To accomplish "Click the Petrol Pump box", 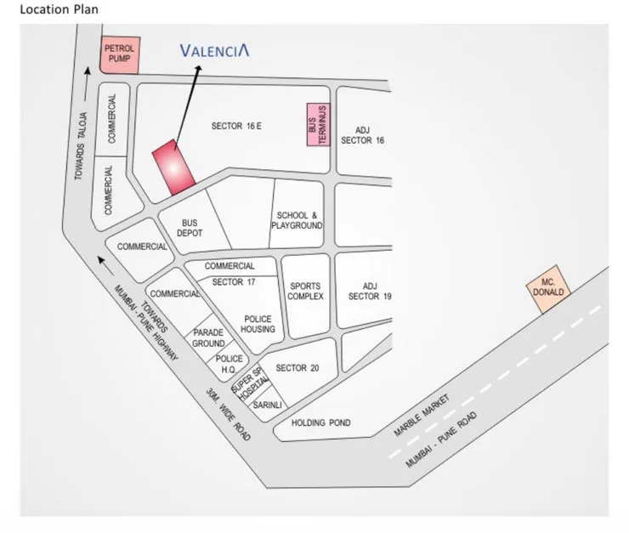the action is pyautogui.click(x=119, y=55).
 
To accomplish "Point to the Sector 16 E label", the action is pyautogui.click(x=236, y=126).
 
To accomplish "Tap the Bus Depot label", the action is pyautogui.click(x=190, y=228).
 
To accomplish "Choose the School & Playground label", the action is pyautogui.click(x=297, y=221).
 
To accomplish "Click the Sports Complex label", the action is pyautogui.click(x=305, y=292).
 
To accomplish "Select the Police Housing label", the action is pyautogui.click(x=258, y=323).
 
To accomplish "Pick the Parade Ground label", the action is pyautogui.click(x=208, y=337).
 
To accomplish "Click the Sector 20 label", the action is pyautogui.click(x=297, y=368).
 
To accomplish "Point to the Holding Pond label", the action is pyautogui.click(x=320, y=422).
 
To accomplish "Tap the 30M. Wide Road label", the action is pyautogui.click(x=229, y=416).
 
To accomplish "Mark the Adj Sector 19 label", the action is pyautogui.click(x=370, y=291).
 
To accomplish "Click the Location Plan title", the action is pyautogui.click(x=54, y=10).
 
